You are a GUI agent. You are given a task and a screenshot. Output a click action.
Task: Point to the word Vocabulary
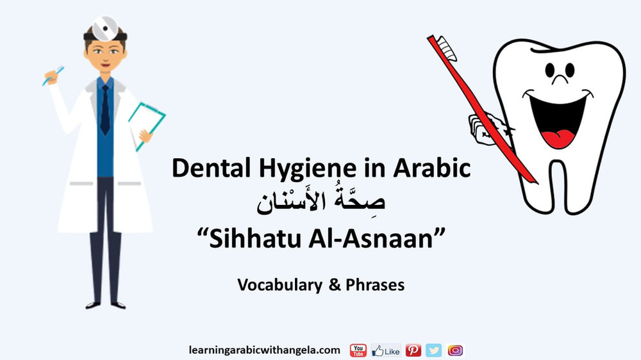(279, 285)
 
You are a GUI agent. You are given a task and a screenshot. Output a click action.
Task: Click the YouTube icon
(358, 350)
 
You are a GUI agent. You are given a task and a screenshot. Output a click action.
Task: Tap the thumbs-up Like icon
(386, 350)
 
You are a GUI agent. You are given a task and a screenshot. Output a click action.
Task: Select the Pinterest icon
(413, 350)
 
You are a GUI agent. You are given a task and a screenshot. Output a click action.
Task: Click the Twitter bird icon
(434, 350)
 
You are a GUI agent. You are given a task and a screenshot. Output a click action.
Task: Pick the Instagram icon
(455, 350)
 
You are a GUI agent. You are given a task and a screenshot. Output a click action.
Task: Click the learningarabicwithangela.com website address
(264, 350)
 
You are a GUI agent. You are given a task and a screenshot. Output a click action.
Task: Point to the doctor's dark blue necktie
(104, 109)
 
